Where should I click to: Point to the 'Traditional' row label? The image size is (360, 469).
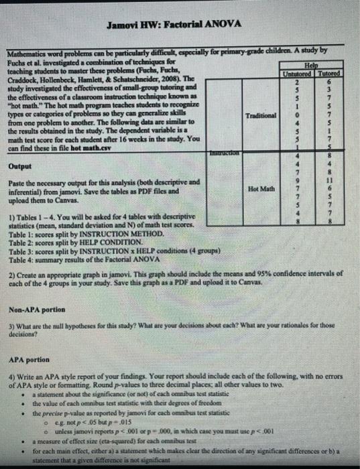click(261, 115)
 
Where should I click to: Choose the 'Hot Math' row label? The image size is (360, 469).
click(261, 190)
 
